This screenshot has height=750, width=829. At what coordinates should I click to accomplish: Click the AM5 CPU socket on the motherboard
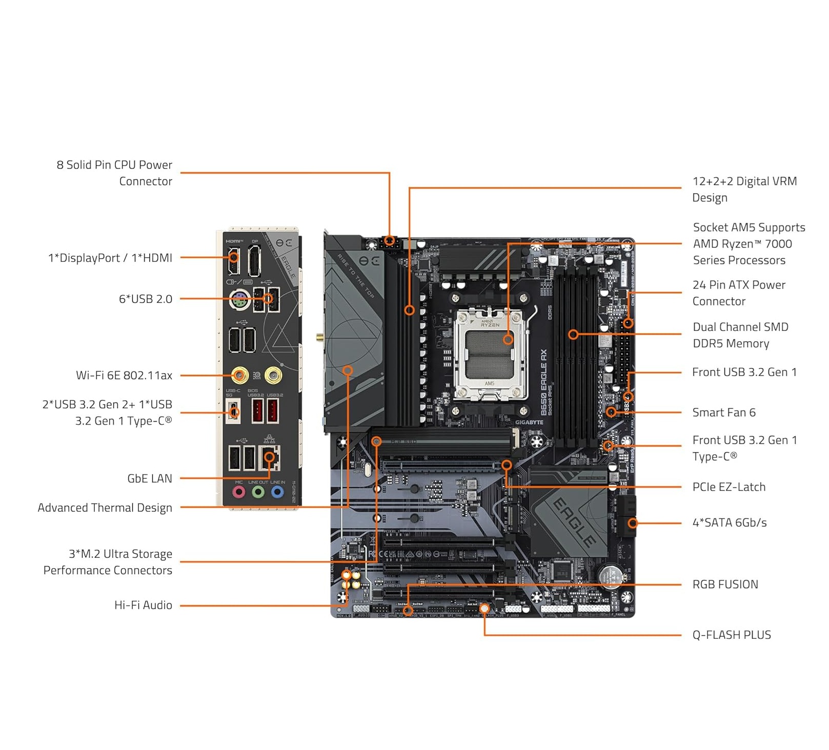point(490,355)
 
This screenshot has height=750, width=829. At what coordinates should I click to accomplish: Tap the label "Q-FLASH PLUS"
point(731,635)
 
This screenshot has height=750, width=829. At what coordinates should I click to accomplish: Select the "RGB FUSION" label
point(725,585)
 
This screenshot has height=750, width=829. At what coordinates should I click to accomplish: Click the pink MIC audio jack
point(238,492)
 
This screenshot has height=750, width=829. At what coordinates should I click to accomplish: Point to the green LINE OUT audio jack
point(258,492)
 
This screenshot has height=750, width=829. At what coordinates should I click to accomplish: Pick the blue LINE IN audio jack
point(277,492)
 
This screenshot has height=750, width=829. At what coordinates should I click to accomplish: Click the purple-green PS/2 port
point(239,301)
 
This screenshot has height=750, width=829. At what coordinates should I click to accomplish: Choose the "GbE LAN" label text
point(150,478)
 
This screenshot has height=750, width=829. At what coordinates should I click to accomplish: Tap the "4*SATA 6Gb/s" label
point(729,523)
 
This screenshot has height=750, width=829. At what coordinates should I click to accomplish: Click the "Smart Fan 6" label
point(723,412)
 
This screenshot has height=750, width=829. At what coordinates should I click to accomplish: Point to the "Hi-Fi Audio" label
point(143,605)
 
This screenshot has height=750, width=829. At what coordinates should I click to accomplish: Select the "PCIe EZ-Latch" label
point(729,487)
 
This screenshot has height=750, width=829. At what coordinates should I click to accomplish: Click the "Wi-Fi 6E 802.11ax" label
point(124,376)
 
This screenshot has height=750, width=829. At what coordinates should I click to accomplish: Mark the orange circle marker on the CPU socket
point(508,339)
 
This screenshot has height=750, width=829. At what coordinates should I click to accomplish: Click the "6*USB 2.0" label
point(146,299)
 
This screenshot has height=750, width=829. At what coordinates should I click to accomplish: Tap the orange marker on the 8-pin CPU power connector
point(390,240)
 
